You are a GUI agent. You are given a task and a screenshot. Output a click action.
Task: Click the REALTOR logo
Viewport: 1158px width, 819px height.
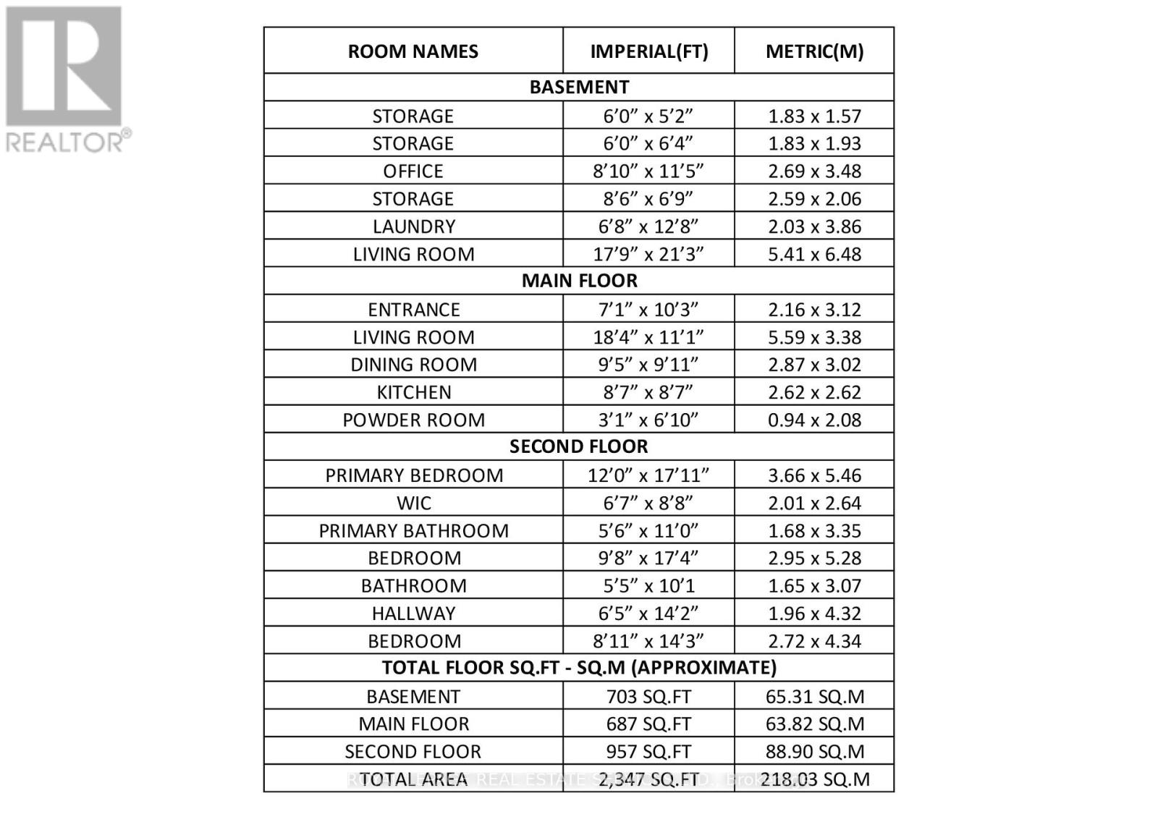click(67, 80)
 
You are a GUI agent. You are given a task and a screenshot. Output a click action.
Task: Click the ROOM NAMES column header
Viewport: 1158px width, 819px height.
click(413, 51)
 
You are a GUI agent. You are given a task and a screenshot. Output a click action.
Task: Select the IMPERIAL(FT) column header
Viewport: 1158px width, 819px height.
click(648, 51)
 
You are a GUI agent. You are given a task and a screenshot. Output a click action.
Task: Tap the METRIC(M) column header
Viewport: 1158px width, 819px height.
click(814, 51)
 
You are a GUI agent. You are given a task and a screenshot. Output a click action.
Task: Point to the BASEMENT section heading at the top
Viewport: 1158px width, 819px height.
click(579, 87)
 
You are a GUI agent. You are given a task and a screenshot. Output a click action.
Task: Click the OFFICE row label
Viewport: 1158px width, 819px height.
click(413, 171)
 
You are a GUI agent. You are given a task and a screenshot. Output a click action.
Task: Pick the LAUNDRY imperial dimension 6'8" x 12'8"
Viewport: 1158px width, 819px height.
click(648, 226)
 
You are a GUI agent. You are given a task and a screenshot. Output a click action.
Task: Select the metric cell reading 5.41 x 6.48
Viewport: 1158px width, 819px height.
click(814, 254)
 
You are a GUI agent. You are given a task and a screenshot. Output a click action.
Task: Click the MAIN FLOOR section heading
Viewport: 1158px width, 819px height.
click(579, 281)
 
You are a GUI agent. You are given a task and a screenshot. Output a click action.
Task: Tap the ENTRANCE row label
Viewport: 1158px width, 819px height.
click(413, 310)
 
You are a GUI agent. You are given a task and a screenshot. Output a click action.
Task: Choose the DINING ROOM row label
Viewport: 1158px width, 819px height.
click(413, 365)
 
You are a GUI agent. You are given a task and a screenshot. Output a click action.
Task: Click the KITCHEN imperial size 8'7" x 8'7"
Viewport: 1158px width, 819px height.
click(648, 392)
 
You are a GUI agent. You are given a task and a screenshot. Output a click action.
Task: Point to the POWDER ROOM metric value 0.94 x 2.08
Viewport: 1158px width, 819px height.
click(814, 420)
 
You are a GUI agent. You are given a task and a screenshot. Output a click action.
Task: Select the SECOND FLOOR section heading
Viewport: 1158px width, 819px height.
click(579, 446)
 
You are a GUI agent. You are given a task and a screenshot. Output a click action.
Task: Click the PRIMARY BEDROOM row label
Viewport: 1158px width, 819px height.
click(413, 475)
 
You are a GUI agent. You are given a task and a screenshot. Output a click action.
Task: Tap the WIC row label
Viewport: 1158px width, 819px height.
click(413, 503)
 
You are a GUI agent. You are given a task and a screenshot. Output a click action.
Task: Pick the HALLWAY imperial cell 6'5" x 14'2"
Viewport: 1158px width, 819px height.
click(648, 614)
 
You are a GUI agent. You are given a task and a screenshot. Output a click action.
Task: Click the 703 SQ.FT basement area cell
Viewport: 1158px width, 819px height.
click(648, 697)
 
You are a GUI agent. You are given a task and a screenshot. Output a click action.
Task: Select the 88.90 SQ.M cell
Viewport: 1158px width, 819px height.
click(814, 752)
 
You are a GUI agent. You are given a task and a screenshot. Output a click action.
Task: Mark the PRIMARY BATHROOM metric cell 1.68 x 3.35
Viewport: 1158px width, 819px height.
click(814, 530)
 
